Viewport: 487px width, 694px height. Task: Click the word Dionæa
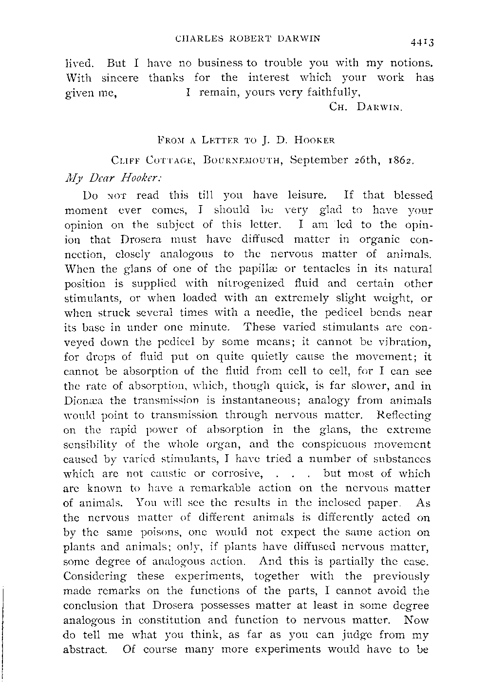click(83, 401)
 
